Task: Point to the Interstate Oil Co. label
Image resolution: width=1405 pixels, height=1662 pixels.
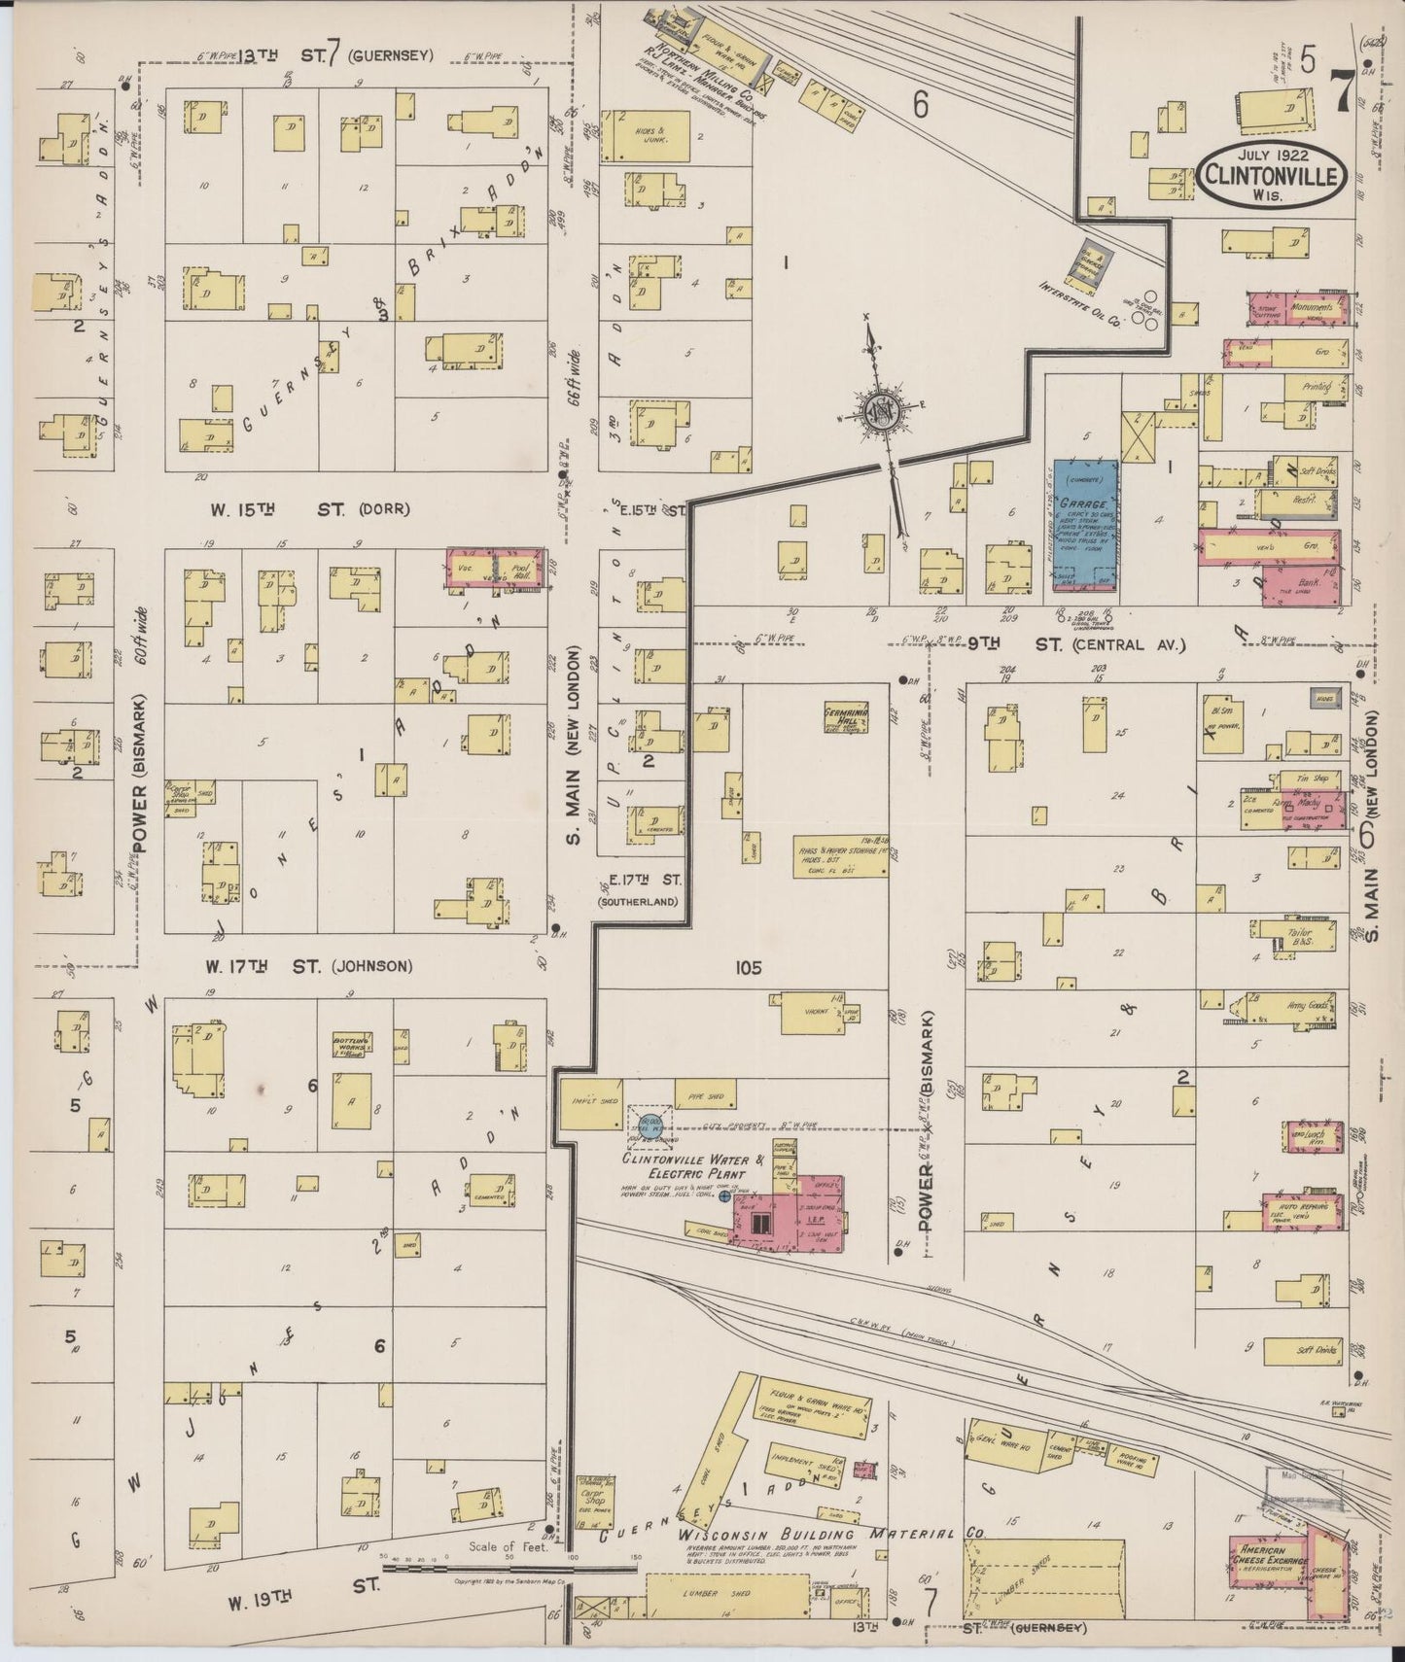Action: pos(1079,303)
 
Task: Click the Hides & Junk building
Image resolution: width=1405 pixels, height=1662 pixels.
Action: pos(647,136)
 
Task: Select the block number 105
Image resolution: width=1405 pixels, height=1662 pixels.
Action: pos(749,968)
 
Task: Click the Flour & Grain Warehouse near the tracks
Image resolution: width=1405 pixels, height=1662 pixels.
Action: pos(815,1411)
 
